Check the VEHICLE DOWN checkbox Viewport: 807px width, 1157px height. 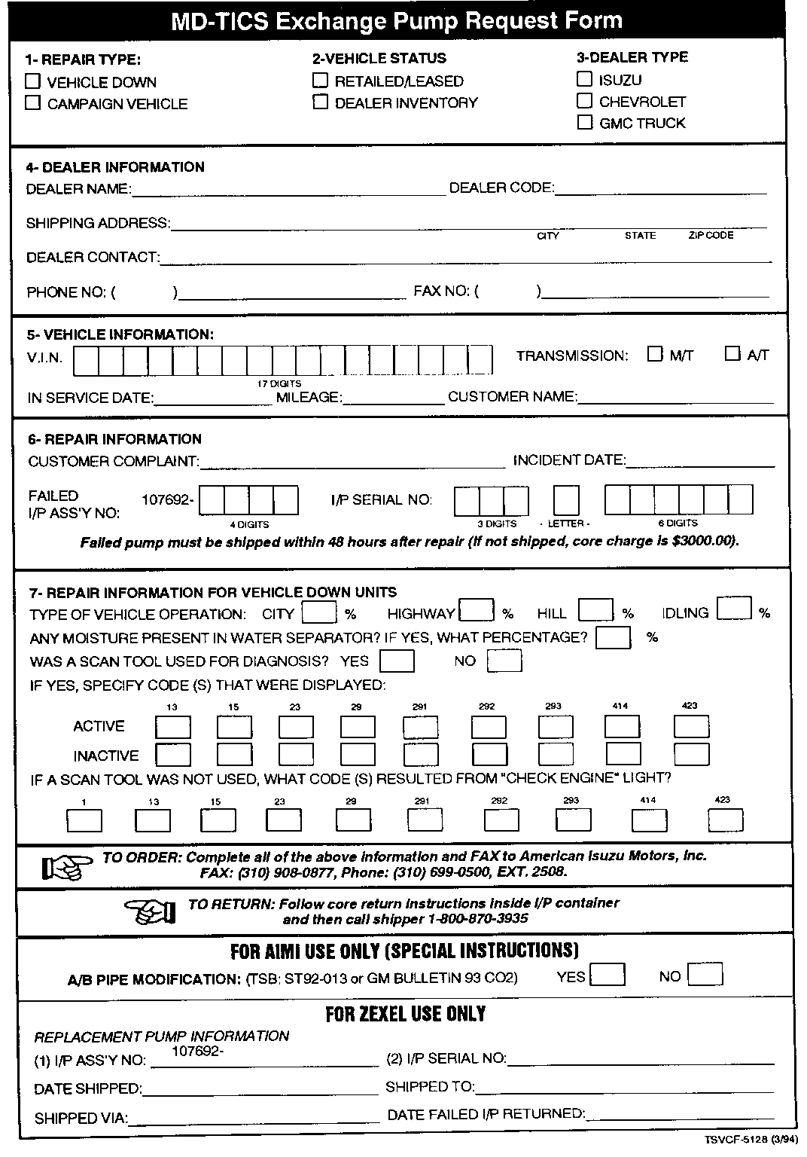point(32,81)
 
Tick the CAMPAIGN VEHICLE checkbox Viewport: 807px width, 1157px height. point(32,103)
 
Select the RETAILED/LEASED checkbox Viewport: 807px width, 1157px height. point(321,80)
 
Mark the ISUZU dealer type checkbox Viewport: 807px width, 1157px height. point(585,78)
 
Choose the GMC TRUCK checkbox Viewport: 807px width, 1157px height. point(585,122)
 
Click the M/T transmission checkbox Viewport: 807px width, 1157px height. point(655,354)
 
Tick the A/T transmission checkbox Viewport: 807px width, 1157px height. point(732,354)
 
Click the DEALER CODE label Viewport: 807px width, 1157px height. point(501,188)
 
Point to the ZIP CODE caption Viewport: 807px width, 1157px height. point(711,236)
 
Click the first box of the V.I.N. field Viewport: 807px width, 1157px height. point(87,360)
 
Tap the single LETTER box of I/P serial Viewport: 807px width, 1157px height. point(566,500)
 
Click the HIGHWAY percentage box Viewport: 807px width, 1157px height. point(477,609)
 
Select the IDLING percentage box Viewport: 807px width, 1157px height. point(734,608)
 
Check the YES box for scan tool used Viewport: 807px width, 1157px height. point(397,661)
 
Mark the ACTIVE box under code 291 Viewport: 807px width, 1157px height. point(420,727)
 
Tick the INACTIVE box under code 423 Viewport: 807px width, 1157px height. point(691,754)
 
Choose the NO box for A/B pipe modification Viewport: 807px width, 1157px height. point(705,974)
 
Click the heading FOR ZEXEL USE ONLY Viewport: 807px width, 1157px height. point(405,1014)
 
